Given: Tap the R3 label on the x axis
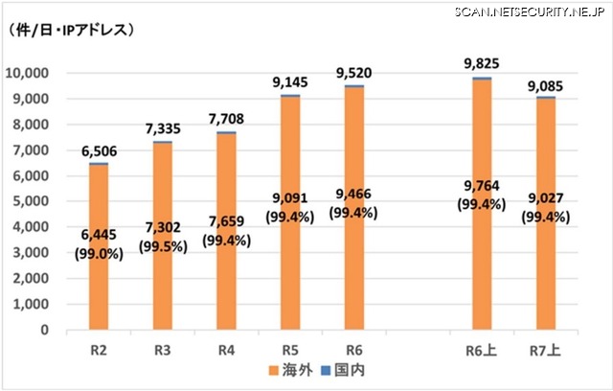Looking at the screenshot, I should coord(162,350).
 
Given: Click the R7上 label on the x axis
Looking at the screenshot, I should coord(545,350).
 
